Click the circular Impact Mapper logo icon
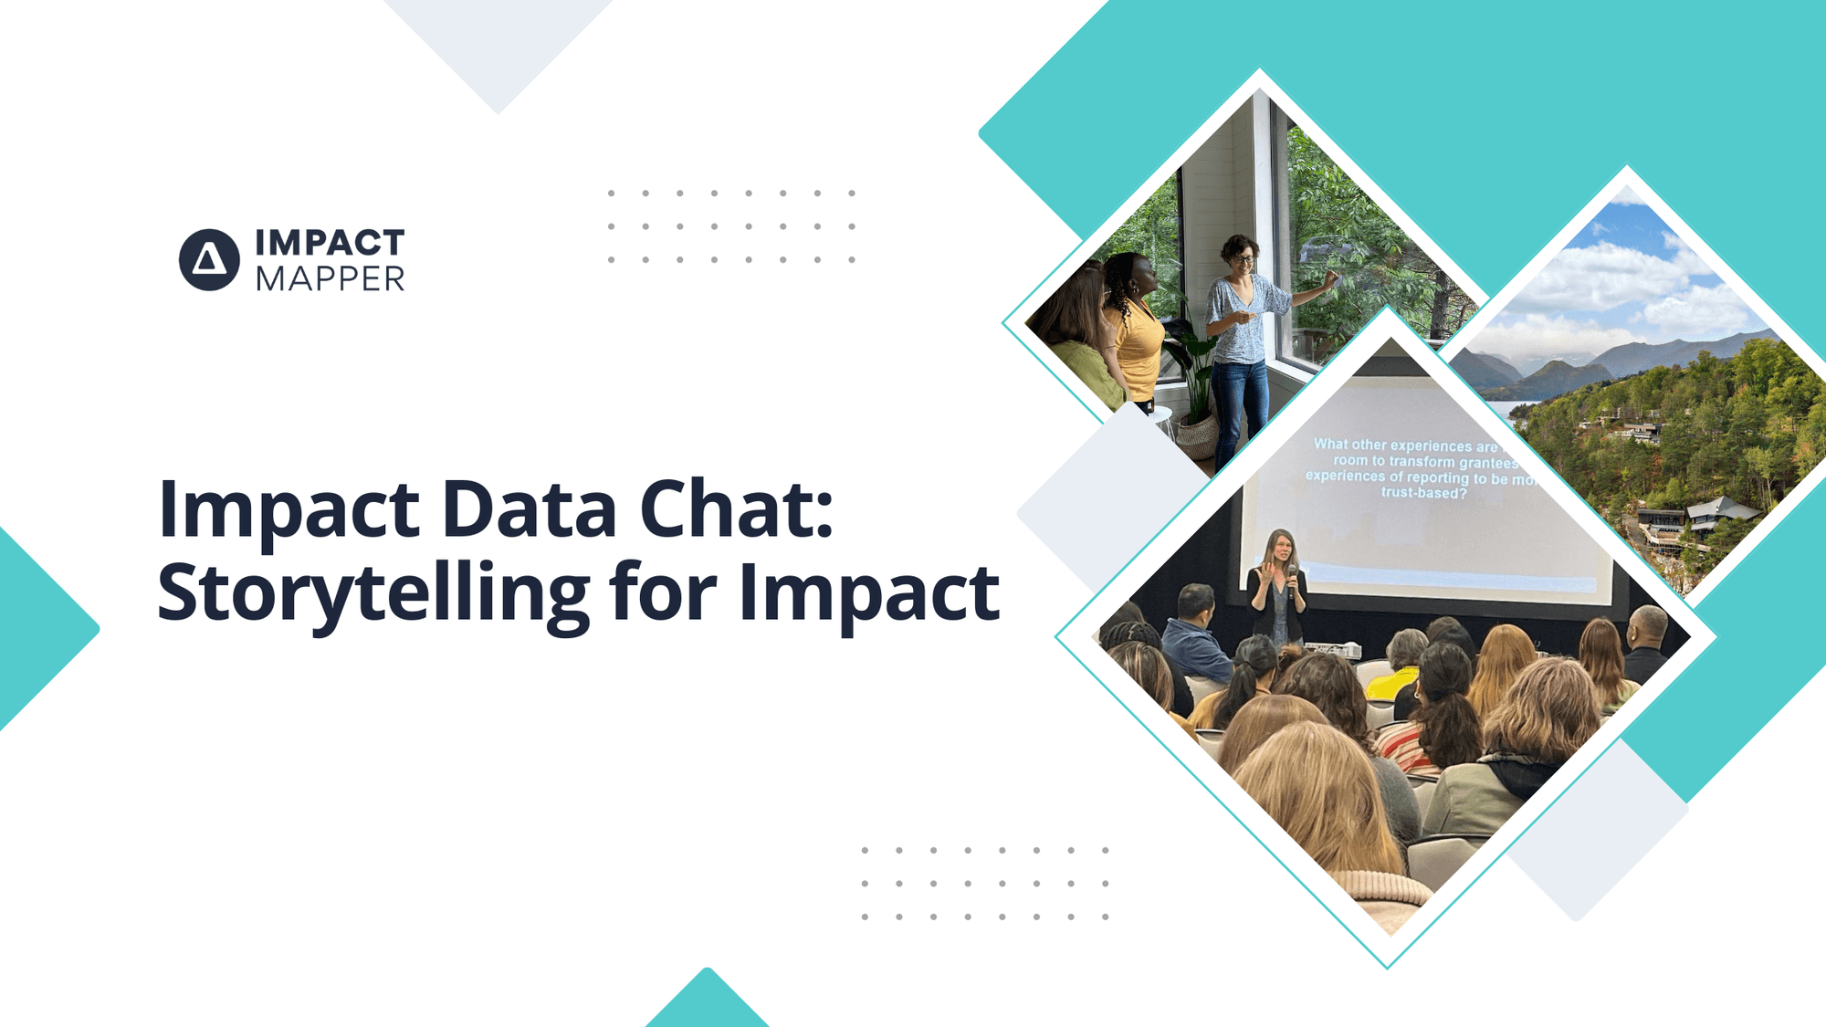pos(209,260)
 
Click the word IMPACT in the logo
pos(330,243)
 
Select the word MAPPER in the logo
pos(330,279)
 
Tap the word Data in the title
pos(529,509)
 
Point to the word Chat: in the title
pos(736,509)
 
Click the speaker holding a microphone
pos(1278,589)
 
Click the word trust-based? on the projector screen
pos(1423,493)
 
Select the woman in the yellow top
pos(1135,333)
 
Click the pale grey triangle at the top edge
pos(498,46)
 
